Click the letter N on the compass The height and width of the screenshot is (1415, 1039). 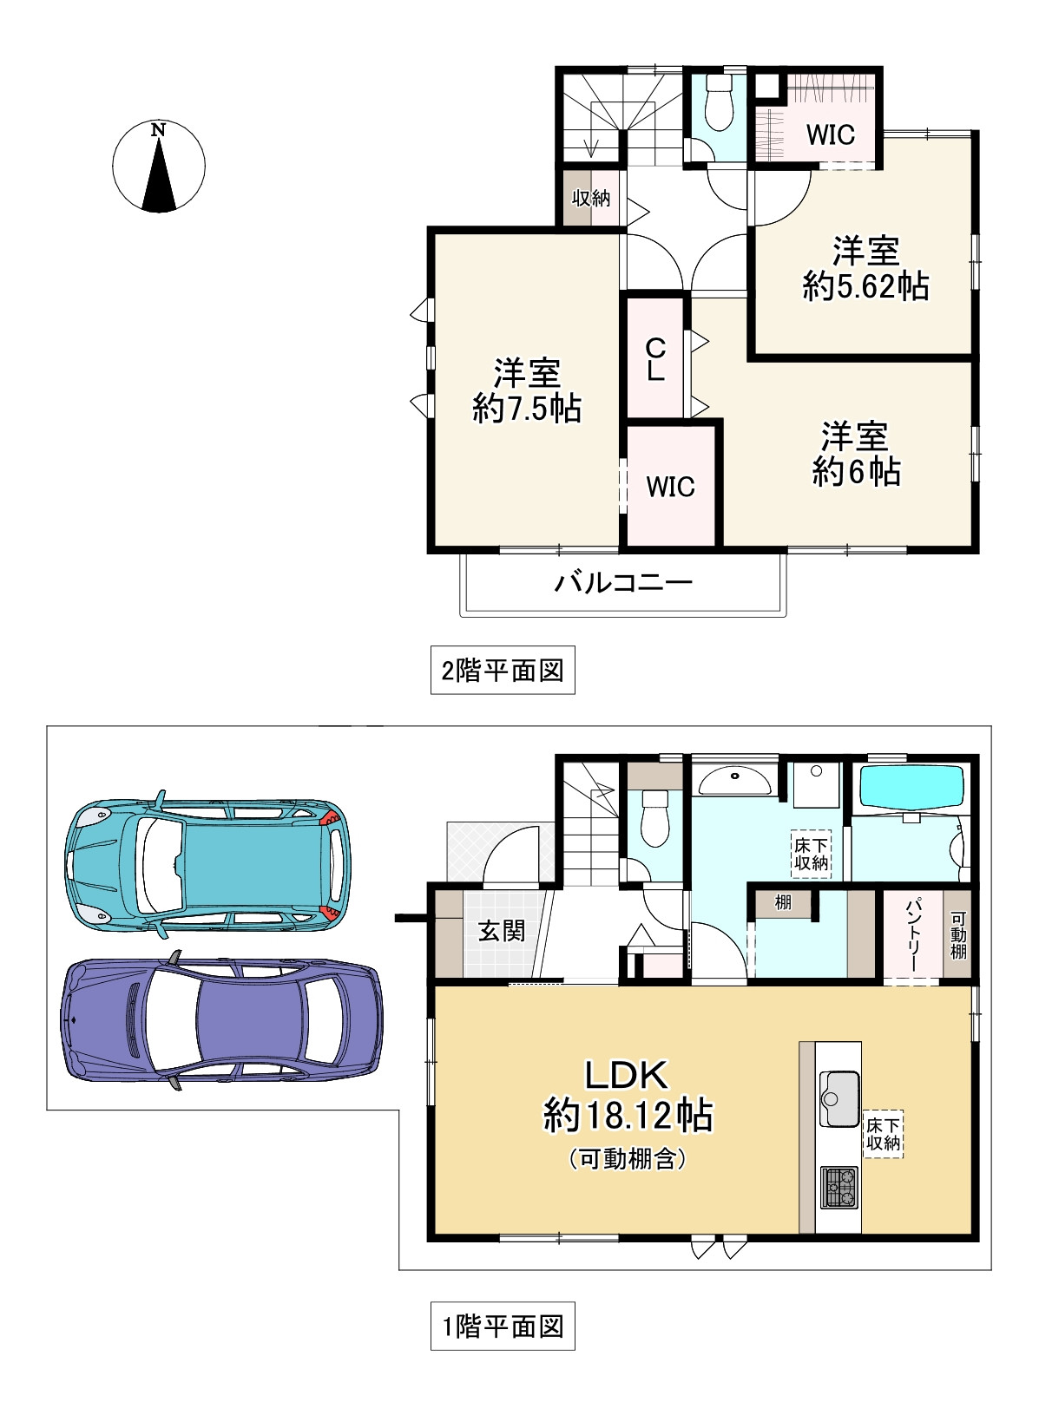coord(158,130)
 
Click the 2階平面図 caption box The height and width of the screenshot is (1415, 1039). coord(503,670)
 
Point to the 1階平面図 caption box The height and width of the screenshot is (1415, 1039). coord(503,1327)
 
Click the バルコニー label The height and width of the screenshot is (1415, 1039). coord(623,582)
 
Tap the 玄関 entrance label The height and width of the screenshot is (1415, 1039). coord(501,931)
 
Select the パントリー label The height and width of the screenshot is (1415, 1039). coord(912,935)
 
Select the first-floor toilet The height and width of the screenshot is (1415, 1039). coord(654,817)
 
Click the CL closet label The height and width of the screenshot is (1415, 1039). coord(655,359)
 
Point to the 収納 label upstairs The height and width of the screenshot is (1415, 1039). coord(591,199)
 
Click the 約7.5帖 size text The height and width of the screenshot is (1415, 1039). coord(527,409)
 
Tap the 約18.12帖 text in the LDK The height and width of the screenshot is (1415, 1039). coord(628,1116)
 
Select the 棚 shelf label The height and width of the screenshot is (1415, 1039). coord(783,902)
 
